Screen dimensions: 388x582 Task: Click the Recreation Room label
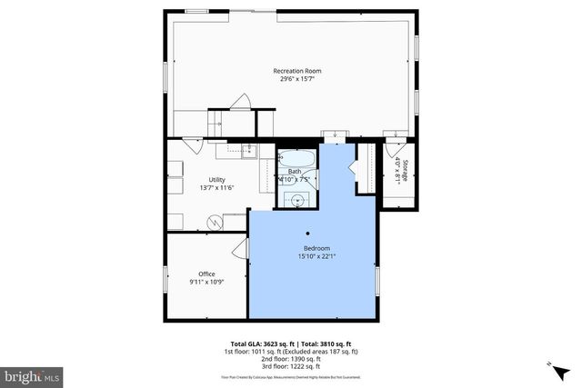(297, 71)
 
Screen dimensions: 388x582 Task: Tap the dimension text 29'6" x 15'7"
(297, 79)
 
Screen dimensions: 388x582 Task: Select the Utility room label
(216, 179)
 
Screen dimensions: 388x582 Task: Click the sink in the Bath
(296, 198)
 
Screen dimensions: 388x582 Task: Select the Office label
(206, 274)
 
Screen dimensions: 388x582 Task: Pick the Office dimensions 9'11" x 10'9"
(206, 282)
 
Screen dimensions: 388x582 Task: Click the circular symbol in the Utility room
(215, 220)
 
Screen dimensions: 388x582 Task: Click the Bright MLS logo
(33, 374)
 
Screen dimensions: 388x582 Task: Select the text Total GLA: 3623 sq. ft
(262, 343)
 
